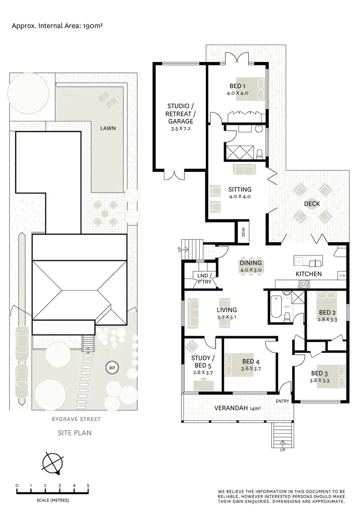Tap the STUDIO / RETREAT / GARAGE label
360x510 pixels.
(181, 114)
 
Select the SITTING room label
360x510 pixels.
(240, 189)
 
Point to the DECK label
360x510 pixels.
(312, 204)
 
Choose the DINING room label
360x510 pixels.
(251, 263)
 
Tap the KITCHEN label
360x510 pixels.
(309, 274)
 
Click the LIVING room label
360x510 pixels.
(227, 310)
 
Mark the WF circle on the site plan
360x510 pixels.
(112, 368)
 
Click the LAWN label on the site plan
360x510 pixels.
(108, 129)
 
